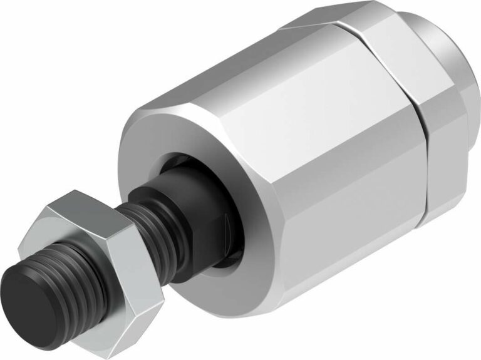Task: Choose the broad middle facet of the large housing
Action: click(326, 144)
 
